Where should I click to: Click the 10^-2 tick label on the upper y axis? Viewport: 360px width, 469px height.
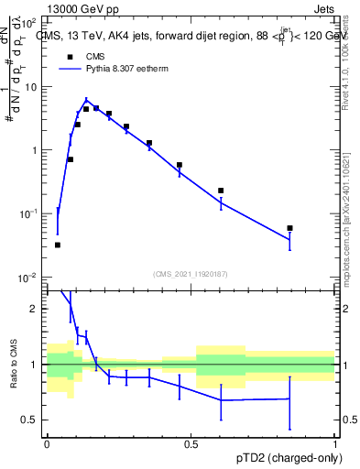pos(28,277)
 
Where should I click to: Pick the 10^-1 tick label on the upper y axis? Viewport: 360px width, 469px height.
pos(28,213)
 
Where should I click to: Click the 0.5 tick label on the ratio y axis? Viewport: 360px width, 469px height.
pos(30,420)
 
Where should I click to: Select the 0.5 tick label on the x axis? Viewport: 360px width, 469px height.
pos(191,444)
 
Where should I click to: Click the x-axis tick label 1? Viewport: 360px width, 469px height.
pos(335,444)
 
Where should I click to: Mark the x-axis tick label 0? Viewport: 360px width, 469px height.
pos(47,444)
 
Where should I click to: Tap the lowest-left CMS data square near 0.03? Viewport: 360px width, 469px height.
pos(58,245)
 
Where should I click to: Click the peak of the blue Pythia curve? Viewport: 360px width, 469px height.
pos(86,101)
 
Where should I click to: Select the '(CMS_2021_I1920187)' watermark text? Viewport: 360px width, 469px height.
pos(191,273)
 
